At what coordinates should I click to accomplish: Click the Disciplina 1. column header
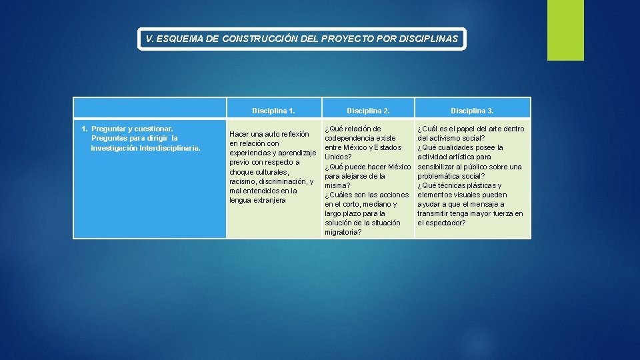[x=273, y=111]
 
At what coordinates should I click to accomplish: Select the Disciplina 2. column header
[x=368, y=111]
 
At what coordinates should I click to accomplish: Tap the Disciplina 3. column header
[x=472, y=111]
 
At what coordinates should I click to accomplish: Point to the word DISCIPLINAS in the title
[x=428, y=39]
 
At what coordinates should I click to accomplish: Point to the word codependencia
[x=351, y=138]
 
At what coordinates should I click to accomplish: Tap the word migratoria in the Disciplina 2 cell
[x=342, y=232]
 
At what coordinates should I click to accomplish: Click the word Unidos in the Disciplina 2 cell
[x=336, y=157]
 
